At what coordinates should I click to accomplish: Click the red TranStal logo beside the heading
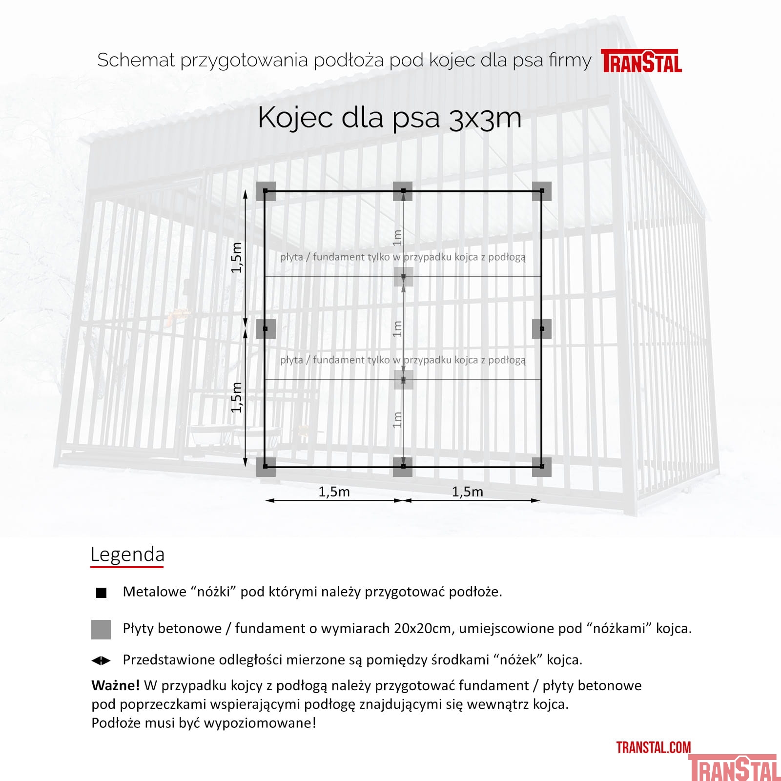[641, 62]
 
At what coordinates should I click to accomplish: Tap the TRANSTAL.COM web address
[653, 747]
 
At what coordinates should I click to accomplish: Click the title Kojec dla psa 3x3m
[390, 118]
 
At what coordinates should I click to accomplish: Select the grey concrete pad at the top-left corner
[266, 191]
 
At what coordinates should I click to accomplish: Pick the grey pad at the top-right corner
[542, 191]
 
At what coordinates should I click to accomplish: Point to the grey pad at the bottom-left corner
[266, 467]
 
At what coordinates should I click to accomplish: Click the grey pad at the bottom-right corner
[542, 467]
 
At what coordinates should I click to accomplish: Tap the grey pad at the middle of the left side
[266, 329]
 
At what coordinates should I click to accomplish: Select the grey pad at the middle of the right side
[542, 329]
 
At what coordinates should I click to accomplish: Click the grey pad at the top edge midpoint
[403, 191]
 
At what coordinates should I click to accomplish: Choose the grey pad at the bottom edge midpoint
[403, 467]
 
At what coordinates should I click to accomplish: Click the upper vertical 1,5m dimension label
[237, 257]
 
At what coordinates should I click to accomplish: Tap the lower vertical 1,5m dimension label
[237, 397]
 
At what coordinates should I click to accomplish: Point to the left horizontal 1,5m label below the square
[334, 492]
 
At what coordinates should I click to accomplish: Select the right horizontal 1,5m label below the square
[467, 492]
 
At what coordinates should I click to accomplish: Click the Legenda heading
[127, 555]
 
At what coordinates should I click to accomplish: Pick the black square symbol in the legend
[101, 593]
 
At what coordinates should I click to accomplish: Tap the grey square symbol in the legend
[101, 629]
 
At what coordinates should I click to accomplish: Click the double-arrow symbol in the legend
[101, 660]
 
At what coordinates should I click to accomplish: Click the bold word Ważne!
[116, 685]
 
